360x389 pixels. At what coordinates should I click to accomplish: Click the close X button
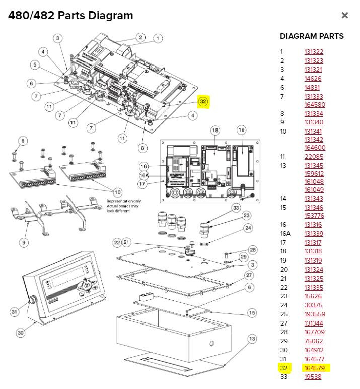tap(345, 15)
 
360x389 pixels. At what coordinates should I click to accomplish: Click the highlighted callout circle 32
tap(203, 101)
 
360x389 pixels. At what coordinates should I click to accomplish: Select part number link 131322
tap(314, 51)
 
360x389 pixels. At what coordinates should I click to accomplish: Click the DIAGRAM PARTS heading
tap(312, 36)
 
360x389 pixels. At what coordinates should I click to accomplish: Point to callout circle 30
tap(20, 333)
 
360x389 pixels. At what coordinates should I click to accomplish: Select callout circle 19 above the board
tap(241, 130)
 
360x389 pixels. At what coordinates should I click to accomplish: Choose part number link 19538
tap(313, 376)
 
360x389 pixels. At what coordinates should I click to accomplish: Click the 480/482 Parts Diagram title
tap(70, 15)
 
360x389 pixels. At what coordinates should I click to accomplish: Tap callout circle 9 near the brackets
tap(24, 242)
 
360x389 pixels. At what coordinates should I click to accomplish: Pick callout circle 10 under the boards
tap(117, 192)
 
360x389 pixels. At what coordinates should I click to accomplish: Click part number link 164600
tap(315, 148)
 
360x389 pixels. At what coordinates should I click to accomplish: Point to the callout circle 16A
tap(144, 175)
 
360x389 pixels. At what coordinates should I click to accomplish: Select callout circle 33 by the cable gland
tap(236, 207)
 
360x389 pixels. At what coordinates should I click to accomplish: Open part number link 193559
tap(315, 314)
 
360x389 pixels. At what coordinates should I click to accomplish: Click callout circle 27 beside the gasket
tap(249, 275)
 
